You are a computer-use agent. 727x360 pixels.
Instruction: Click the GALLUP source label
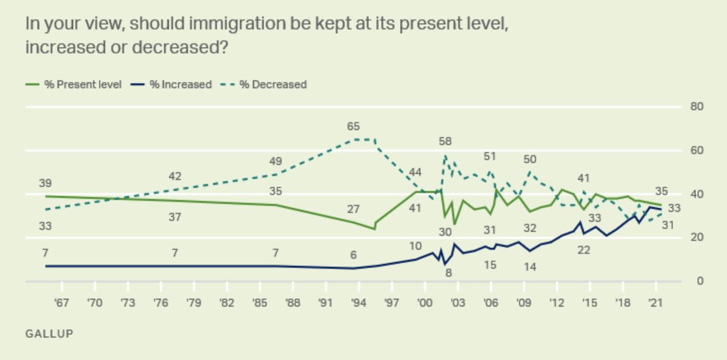coord(49,334)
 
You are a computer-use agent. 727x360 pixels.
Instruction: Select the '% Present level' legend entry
coord(74,84)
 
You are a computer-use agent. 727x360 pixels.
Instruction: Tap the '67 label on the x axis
coord(61,302)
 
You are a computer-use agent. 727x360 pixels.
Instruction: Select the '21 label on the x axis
coord(655,302)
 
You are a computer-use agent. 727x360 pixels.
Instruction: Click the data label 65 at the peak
coord(353,127)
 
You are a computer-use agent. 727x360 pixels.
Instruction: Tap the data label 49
coord(276,161)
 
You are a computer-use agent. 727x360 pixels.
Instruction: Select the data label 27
coord(353,210)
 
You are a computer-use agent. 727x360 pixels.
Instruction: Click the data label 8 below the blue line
coord(449,273)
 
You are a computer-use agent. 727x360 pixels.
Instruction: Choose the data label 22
coord(583,250)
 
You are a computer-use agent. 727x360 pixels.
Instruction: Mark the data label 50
coord(530,159)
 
